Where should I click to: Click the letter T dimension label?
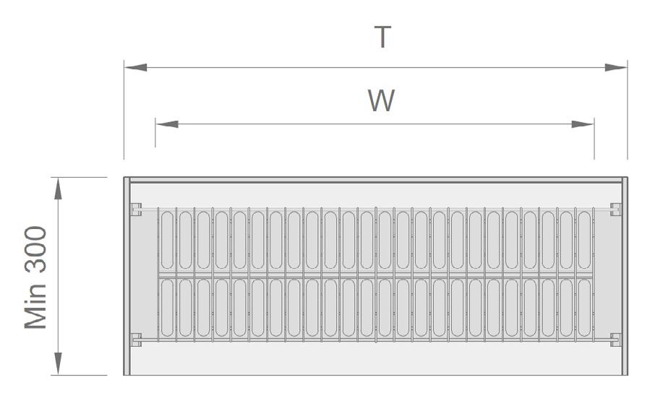pos(382,38)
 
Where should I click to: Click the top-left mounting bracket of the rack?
pos(135,210)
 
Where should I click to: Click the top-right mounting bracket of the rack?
pos(615,210)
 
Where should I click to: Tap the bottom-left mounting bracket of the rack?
pos(135,338)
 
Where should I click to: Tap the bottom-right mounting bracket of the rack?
pos(615,338)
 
